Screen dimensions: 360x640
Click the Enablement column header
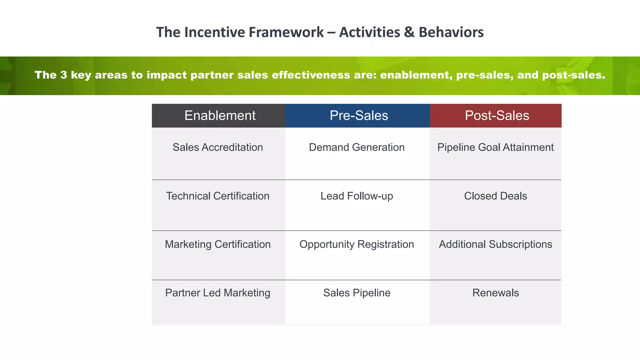220,116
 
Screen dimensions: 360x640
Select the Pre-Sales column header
359,116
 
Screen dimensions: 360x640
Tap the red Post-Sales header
497,116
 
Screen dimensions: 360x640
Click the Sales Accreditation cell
217,147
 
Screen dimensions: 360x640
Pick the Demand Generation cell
357,147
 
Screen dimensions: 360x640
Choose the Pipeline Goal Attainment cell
495,147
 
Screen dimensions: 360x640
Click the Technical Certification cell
217,196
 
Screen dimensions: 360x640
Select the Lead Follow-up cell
357,196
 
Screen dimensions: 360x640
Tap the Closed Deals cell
495,196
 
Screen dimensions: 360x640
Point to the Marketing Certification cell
217,244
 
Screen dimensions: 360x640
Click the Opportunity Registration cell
357,244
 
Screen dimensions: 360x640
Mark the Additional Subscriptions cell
495,244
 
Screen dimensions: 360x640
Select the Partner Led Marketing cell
217,293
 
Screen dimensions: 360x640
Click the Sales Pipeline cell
357,293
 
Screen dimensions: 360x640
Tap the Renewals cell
495,293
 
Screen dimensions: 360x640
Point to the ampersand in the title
409,32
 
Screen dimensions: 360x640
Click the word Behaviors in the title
451,32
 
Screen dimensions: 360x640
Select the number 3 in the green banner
64,75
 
